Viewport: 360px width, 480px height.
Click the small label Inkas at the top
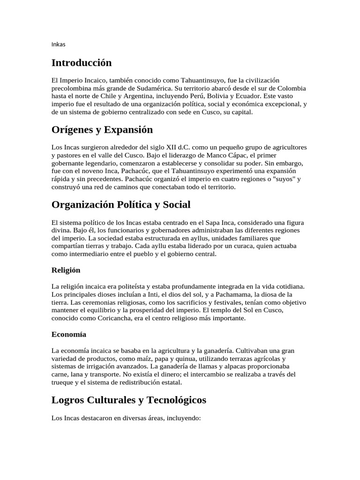[58, 45]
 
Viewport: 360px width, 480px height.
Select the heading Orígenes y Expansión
[102, 129]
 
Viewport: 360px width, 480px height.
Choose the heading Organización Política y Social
[121, 205]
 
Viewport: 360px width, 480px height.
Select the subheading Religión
[66, 270]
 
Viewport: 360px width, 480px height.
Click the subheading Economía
[68, 335]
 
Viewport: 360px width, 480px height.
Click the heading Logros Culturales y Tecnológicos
[128, 400]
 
